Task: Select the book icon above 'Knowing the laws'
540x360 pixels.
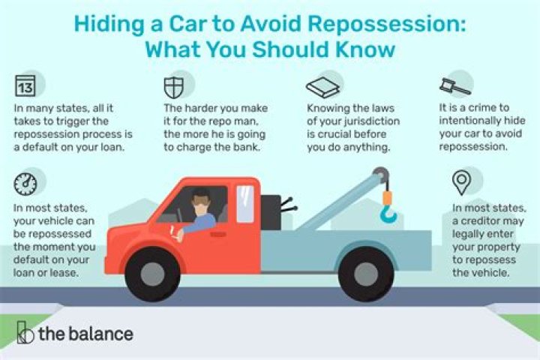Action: (316, 85)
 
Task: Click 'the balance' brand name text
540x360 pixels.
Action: (85, 334)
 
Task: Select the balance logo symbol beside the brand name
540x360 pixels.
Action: (25, 332)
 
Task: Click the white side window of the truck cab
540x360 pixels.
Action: (244, 204)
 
